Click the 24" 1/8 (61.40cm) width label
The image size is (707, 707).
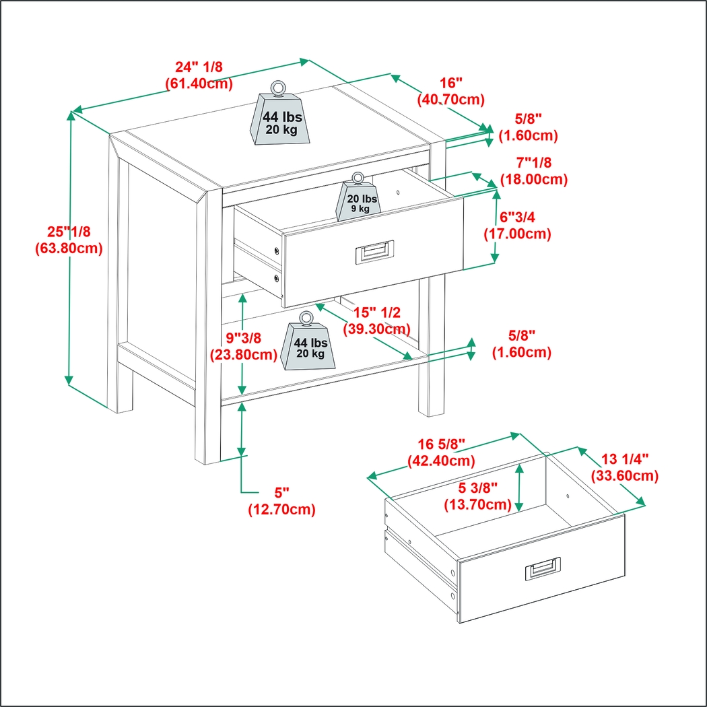pyautogui.click(x=199, y=75)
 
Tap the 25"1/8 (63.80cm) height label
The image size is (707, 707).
pyautogui.click(x=68, y=240)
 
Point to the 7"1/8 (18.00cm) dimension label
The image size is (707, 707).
pyautogui.click(x=533, y=172)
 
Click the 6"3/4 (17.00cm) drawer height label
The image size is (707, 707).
pyautogui.click(x=517, y=226)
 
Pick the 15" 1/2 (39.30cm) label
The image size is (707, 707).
pyautogui.click(x=376, y=321)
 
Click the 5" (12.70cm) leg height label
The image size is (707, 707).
pyautogui.click(x=281, y=501)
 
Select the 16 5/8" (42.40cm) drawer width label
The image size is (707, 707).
pyautogui.click(x=441, y=453)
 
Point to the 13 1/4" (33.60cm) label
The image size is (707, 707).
pyautogui.click(x=624, y=467)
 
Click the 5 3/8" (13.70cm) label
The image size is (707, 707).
pyautogui.click(x=477, y=497)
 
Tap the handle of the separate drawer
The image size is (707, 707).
pyautogui.click(x=543, y=570)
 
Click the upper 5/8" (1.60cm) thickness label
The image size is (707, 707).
pyautogui.click(x=528, y=127)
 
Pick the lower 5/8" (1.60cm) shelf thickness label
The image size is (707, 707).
pyautogui.click(x=521, y=344)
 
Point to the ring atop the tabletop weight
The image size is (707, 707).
pyautogui.click(x=277, y=88)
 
